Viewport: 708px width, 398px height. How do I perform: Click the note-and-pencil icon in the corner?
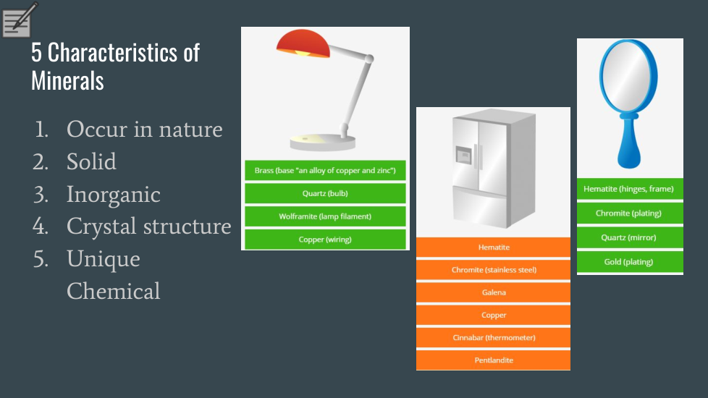coord(18,20)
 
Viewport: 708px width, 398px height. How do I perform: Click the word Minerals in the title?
coord(68,81)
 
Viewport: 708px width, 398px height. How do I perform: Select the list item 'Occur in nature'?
coord(145,130)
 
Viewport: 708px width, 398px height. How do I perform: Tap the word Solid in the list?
coord(91,161)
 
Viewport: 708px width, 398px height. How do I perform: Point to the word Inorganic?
coord(114,195)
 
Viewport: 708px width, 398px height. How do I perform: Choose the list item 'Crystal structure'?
coord(149,226)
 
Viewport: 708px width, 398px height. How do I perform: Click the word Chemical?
coord(114,291)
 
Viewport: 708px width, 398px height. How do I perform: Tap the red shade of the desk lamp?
coord(303,43)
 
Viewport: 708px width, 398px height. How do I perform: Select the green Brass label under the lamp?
coord(325,171)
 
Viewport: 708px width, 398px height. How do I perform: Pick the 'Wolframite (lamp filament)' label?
coord(325,216)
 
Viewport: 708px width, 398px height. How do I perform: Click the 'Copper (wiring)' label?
coord(325,240)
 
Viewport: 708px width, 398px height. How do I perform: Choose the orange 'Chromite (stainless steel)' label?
coord(494,270)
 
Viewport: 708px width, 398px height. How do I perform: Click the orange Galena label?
coord(494,292)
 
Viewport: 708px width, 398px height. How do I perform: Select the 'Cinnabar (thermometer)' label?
coord(494,337)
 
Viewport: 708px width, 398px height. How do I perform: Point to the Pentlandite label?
coord(494,360)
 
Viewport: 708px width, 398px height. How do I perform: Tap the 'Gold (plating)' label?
coord(630,262)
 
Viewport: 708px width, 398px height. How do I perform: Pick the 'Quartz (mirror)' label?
coord(630,237)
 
